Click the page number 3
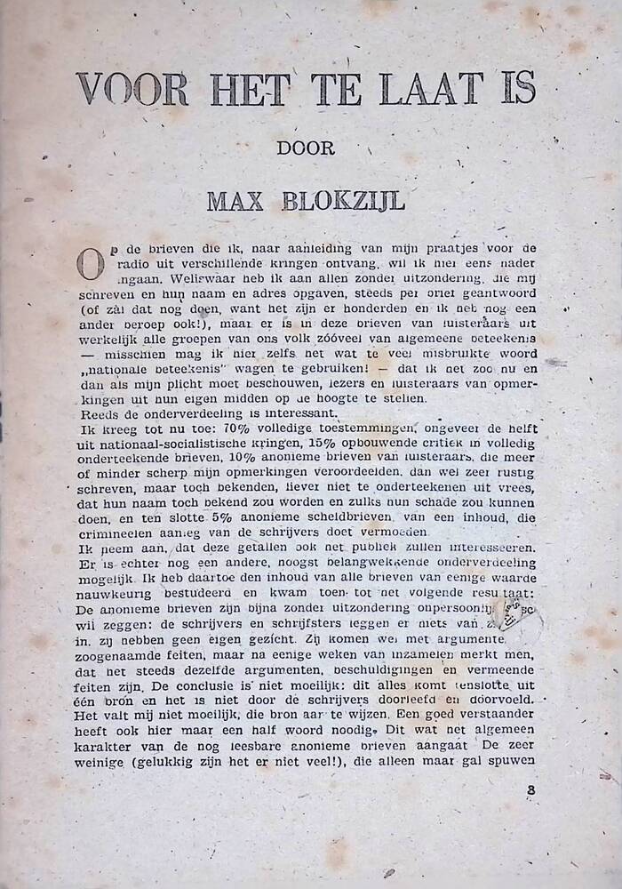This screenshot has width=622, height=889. [x=530, y=789]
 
